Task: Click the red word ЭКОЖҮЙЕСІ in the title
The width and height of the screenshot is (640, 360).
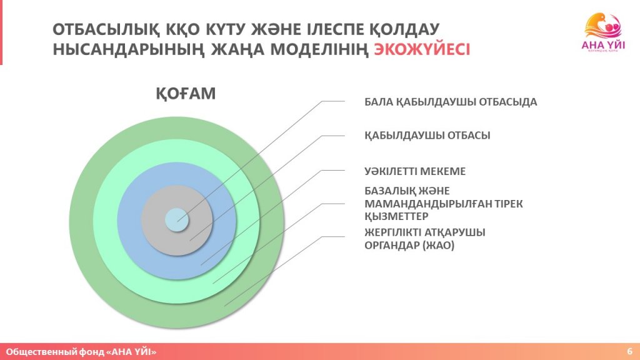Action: (x=422, y=49)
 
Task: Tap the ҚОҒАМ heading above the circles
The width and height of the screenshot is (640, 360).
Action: (x=186, y=94)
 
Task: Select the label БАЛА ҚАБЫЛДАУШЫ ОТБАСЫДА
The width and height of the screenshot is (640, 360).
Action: (x=451, y=102)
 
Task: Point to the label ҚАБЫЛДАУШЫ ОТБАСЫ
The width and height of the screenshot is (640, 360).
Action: (x=427, y=136)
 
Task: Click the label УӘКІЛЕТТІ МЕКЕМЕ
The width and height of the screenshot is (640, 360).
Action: (x=415, y=171)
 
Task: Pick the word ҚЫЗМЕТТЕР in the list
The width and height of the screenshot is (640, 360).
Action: (x=396, y=216)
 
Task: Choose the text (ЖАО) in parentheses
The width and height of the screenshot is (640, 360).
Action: (x=438, y=245)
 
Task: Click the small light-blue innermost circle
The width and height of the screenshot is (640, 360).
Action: (x=177, y=220)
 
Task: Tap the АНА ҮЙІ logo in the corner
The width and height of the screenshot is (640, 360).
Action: (x=603, y=32)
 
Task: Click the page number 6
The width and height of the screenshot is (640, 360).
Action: (x=630, y=351)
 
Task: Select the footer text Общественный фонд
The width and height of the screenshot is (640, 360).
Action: (x=55, y=351)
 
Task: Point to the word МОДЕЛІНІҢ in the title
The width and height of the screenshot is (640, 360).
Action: (x=319, y=49)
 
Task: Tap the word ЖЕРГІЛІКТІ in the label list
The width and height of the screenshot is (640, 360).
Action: (x=392, y=232)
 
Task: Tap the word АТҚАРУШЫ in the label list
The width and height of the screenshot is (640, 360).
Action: (x=454, y=232)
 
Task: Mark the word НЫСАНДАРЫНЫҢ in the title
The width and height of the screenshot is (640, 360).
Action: (x=129, y=49)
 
